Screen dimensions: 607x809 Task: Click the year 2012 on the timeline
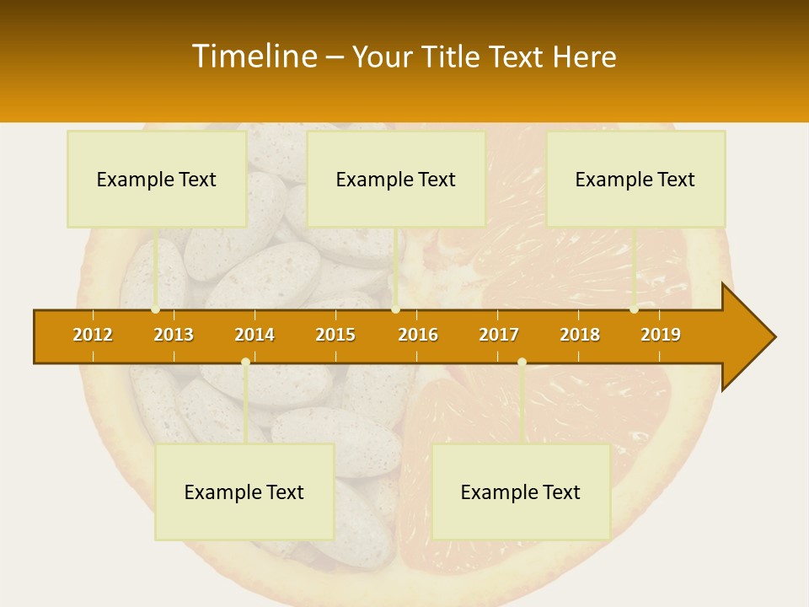click(93, 335)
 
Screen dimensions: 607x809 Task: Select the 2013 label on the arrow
click(174, 335)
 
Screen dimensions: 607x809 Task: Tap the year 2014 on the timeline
click(254, 335)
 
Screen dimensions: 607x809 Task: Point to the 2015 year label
click(335, 335)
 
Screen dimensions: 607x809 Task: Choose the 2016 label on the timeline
click(418, 335)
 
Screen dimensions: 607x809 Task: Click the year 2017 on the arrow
click(499, 335)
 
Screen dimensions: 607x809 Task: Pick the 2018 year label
click(580, 335)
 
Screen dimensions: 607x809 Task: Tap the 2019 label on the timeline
click(661, 335)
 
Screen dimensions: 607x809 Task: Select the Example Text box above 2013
click(157, 180)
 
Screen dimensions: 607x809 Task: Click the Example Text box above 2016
click(396, 180)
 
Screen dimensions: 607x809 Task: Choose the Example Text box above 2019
click(635, 180)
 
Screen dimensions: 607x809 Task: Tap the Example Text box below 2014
click(244, 492)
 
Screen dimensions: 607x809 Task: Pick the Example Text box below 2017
click(521, 492)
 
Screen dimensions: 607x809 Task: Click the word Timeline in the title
click(253, 56)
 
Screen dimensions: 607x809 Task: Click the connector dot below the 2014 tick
click(245, 363)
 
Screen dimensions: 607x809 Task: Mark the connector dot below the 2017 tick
click(522, 363)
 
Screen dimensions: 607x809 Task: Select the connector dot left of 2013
click(156, 309)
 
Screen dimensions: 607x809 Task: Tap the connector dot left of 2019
click(634, 309)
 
